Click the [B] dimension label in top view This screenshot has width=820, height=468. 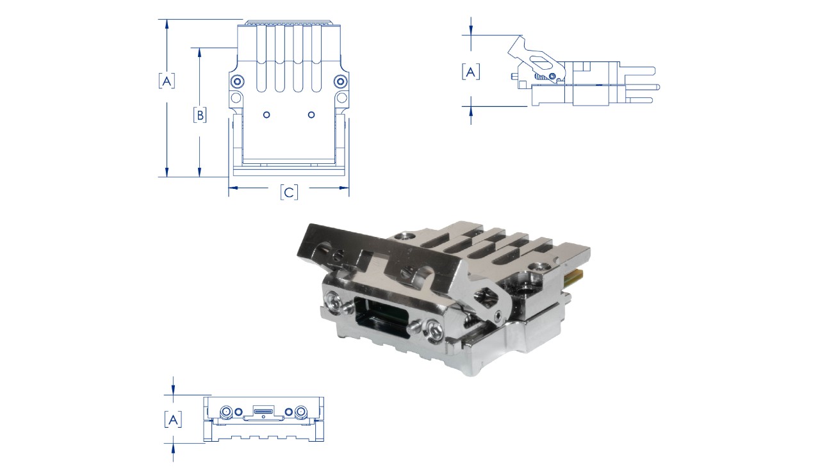tap(200, 115)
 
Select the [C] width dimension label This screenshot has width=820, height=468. tap(289, 192)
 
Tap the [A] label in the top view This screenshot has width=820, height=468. tap(167, 81)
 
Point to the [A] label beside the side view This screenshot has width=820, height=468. tap(471, 72)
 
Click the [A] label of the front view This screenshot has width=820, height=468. tap(173, 419)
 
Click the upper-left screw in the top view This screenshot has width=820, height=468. tap(237, 81)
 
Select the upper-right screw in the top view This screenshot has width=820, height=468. tap(341, 81)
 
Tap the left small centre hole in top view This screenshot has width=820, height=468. tap(266, 115)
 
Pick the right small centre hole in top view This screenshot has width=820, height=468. tap(311, 115)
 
